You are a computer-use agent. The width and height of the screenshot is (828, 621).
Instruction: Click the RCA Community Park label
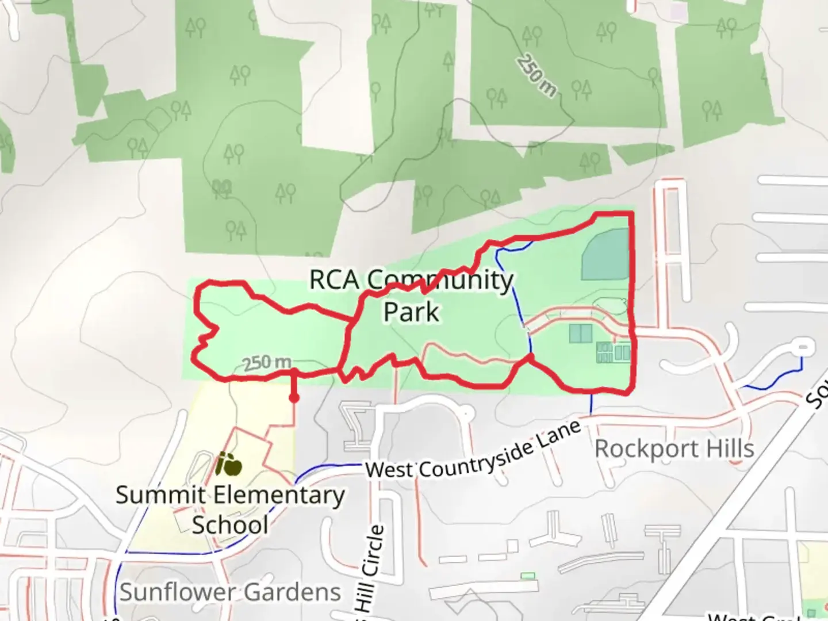411,296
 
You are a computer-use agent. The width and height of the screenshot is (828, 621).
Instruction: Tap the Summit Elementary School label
230,509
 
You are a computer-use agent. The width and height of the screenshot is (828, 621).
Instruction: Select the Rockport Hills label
674,448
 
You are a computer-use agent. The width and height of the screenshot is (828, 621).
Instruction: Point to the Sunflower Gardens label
230,592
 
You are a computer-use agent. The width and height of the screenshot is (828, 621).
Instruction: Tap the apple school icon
228,464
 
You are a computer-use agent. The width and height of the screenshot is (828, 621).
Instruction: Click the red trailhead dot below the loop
294,398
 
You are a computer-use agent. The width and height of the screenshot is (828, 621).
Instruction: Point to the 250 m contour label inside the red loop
267,362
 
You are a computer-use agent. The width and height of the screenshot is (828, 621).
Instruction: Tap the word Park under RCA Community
411,312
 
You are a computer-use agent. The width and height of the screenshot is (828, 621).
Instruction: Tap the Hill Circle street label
371,569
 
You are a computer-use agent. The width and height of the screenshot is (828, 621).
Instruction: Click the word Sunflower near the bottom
178,592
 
